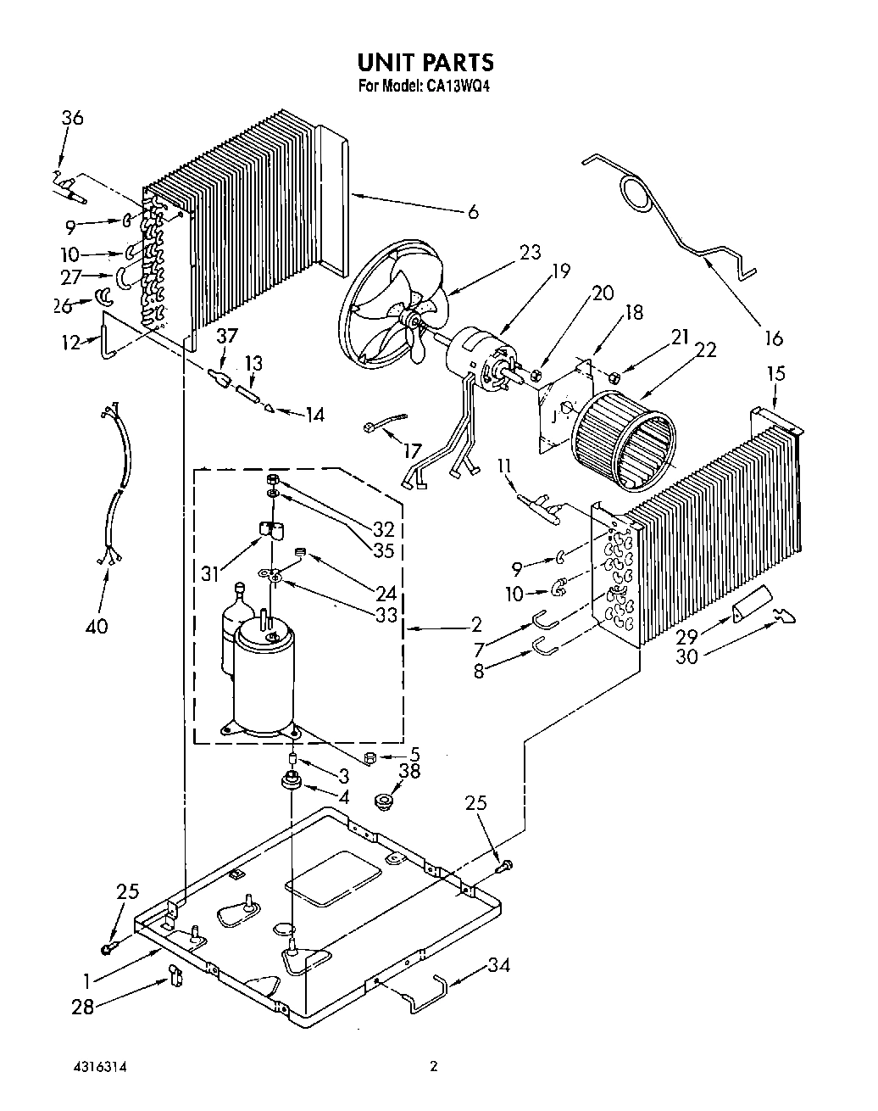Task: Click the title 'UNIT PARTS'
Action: (x=425, y=62)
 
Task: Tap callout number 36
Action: (x=72, y=118)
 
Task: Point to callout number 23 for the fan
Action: (x=529, y=252)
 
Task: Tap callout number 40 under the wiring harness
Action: (x=97, y=626)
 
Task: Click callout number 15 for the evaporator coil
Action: (x=775, y=372)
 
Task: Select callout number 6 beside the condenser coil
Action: (x=472, y=212)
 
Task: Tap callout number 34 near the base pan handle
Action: (x=499, y=965)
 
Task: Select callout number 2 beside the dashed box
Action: (x=475, y=625)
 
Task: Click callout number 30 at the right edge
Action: (x=686, y=656)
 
